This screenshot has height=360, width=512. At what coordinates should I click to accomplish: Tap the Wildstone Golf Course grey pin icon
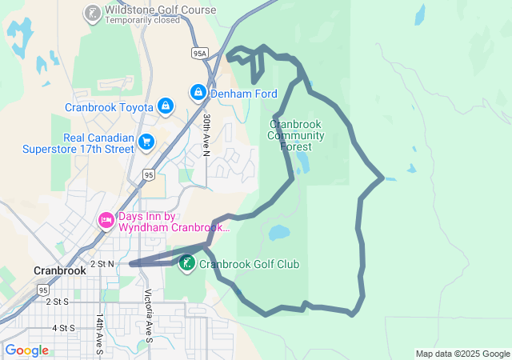coord(92,13)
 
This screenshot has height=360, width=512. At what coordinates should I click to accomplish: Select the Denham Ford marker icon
coord(198,93)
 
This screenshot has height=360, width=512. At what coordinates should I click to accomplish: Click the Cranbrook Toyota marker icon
coord(165,106)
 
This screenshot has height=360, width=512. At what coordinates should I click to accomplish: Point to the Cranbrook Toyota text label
coord(110,107)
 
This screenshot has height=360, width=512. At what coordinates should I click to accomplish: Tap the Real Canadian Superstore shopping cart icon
coord(146,142)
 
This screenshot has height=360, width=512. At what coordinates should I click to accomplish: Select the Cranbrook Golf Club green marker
coord(187,263)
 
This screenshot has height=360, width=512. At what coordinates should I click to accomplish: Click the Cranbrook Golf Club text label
coord(249,264)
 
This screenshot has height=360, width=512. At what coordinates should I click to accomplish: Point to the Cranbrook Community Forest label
coord(296,135)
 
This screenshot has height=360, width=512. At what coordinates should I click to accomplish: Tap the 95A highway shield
coord(199,53)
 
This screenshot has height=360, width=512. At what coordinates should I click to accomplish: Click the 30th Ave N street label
coord(206,134)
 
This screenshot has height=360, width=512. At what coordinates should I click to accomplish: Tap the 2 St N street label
coord(102,263)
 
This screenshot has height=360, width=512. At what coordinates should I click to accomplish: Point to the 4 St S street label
coord(62,328)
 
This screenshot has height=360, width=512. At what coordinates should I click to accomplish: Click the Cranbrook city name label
coord(60,270)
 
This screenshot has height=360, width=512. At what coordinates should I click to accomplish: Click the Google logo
coord(26,350)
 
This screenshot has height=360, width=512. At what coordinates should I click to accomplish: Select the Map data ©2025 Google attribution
coord(462,354)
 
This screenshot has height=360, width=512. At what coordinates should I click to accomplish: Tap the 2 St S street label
coord(58,302)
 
